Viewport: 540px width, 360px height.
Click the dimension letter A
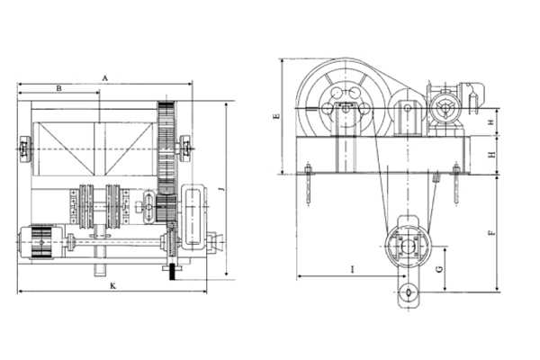pos(105,78)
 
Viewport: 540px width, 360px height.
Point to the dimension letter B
pos(58,88)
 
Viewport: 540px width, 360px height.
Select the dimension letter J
pos(222,189)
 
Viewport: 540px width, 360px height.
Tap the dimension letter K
pos(113,285)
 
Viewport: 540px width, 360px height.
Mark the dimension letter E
pos(276,116)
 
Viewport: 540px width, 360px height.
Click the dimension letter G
pos(439,269)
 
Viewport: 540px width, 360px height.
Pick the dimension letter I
pos(352,269)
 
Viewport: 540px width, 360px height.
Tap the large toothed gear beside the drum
pos(167,148)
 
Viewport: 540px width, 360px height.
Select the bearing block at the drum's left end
pos(25,149)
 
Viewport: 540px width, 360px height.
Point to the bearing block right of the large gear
pos(185,148)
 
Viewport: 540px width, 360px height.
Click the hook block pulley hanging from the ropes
pos(408,247)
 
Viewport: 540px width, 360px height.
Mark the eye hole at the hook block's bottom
pos(409,292)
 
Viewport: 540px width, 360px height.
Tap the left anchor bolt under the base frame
pos(308,184)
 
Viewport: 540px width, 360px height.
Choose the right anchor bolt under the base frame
pos(456,184)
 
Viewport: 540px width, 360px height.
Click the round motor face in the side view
pos(446,107)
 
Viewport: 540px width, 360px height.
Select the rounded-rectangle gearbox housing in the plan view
pos(193,216)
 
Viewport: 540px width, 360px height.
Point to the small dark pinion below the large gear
pos(166,208)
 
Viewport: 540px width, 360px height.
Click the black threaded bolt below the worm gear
pos(172,272)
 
